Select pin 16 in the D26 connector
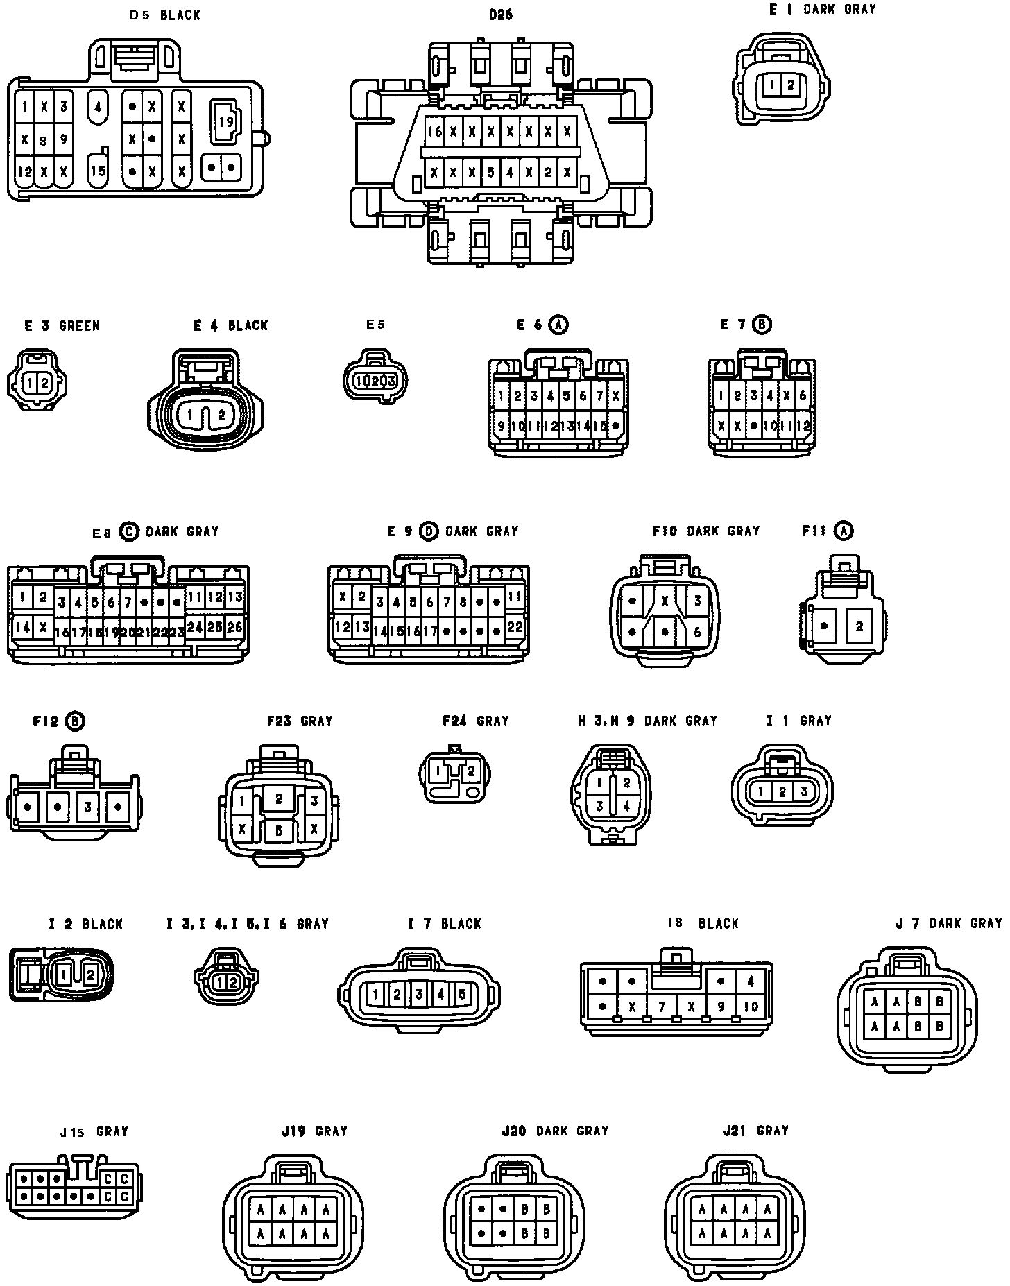(x=435, y=131)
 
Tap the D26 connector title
(x=500, y=14)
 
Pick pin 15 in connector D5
(x=98, y=170)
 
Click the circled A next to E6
(x=558, y=325)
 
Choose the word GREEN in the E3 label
(x=79, y=325)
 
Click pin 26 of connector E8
(x=234, y=627)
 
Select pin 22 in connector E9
(x=515, y=626)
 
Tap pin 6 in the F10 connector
(x=698, y=633)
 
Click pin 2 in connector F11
(x=859, y=626)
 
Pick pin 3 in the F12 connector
(x=88, y=807)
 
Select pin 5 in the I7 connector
(x=463, y=995)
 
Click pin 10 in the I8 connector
(x=751, y=1006)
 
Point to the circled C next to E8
(x=129, y=531)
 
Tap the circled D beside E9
(x=429, y=531)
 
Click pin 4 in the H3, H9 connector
(x=626, y=806)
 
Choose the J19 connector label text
(x=314, y=1131)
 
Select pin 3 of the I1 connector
(x=804, y=791)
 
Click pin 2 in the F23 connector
(x=279, y=798)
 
